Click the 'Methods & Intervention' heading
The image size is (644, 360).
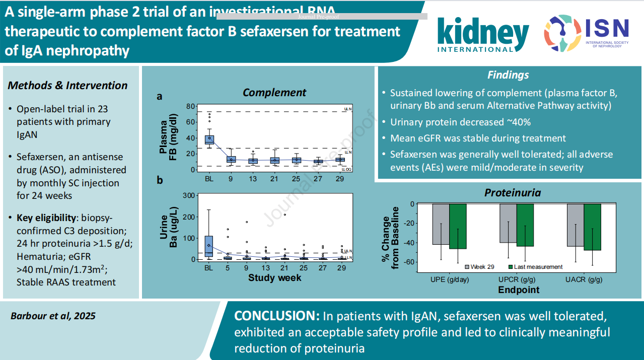(x=67, y=86)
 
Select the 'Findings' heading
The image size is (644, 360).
(x=508, y=75)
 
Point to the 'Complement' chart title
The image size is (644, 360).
(x=274, y=93)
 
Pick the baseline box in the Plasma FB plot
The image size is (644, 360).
(x=208, y=139)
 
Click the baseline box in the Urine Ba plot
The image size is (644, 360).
(x=208, y=246)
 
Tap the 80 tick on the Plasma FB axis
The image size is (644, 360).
(x=190, y=106)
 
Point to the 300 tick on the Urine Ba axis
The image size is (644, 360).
(x=188, y=195)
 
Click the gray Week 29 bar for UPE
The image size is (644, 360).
(x=441, y=224)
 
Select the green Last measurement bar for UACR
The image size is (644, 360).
(x=592, y=227)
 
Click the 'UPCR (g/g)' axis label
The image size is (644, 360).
(x=517, y=280)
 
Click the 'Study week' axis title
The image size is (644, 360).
(x=274, y=277)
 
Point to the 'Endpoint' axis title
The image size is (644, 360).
(x=519, y=290)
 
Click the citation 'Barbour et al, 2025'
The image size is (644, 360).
(x=53, y=316)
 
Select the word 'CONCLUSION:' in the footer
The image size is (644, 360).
(x=276, y=317)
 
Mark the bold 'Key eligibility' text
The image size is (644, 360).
(x=46, y=218)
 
